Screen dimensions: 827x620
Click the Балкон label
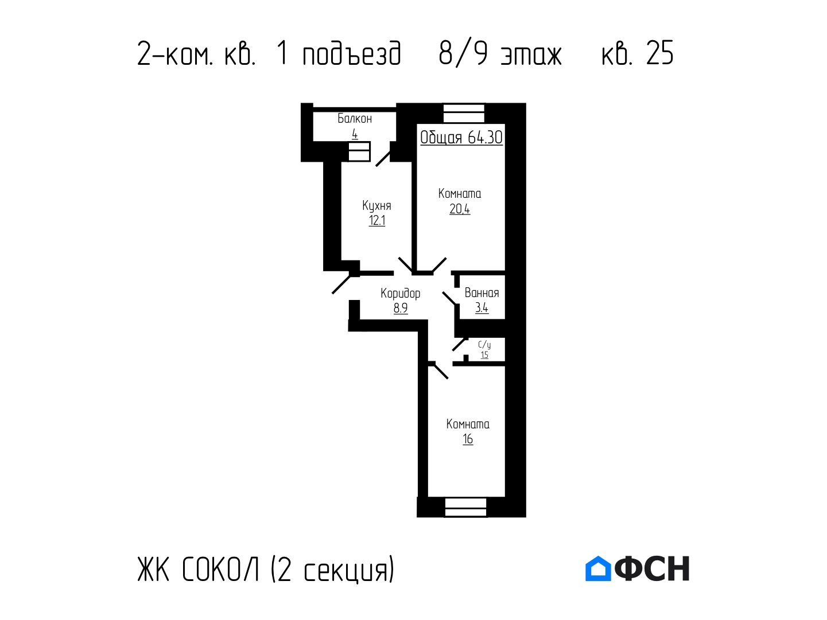(x=355, y=119)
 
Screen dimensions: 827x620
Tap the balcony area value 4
(x=355, y=134)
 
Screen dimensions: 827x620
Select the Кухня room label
(x=376, y=205)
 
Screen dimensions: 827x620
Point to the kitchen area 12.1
(x=376, y=221)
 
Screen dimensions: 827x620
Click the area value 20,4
(x=460, y=209)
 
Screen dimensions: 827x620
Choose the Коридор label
(x=400, y=294)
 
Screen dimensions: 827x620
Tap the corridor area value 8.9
(x=401, y=309)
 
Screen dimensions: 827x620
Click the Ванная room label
(x=482, y=293)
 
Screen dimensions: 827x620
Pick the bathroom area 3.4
(x=482, y=308)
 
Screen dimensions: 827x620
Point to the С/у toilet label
(x=484, y=345)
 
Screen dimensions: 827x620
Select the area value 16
(x=468, y=439)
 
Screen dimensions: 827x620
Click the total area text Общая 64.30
(x=461, y=138)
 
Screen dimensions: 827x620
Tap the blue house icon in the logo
(x=598, y=568)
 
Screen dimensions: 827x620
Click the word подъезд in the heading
(x=352, y=54)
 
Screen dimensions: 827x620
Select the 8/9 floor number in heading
(x=463, y=54)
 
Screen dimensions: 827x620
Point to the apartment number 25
(x=660, y=53)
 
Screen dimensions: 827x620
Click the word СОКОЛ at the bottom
(x=221, y=570)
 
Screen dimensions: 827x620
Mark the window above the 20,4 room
(x=464, y=113)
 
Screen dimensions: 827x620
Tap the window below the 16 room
(x=465, y=508)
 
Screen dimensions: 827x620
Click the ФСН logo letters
(x=652, y=568)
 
